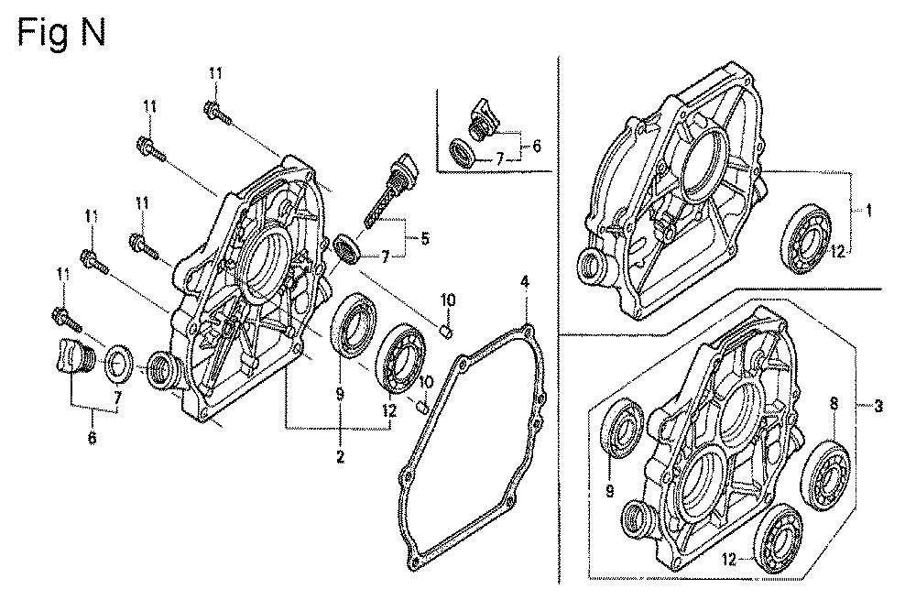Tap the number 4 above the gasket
click(525, 283)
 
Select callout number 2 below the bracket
click(340, 456)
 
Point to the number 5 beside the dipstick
click(425, 238)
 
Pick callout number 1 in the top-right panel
click(868, 211)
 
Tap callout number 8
click(834, 403)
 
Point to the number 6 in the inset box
click(536, 146)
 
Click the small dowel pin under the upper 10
click(447, 333)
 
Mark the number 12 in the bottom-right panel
click(728, 559)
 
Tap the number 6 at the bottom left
click(93, 436)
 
